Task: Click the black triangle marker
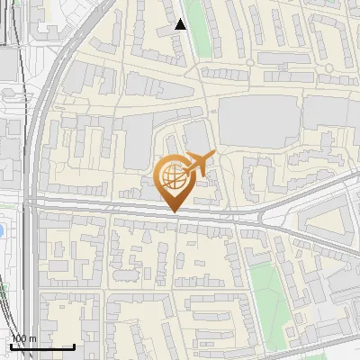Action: pos(181,24)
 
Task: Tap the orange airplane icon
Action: pos(200,162)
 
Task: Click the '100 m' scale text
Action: pos(23,338)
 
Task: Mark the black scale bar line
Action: pos(41,346)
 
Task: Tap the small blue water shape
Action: pos(3,231)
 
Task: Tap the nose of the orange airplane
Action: pos(214,155)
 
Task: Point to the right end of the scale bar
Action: pos(74,346)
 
